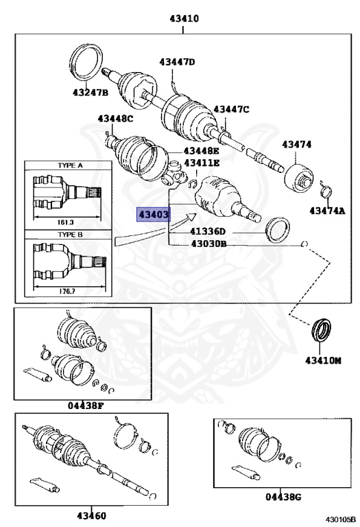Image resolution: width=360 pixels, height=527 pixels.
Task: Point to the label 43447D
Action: (x=178, y=62)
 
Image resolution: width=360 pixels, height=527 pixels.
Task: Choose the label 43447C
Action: (x=231, y=109)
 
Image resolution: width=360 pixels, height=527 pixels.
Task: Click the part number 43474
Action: (x=297, y=144)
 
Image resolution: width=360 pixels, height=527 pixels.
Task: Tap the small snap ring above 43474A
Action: (x=326, y=189)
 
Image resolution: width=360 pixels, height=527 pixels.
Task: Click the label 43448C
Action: (x=115, y=119)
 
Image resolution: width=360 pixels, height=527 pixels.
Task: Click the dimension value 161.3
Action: (x=67, y=223)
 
